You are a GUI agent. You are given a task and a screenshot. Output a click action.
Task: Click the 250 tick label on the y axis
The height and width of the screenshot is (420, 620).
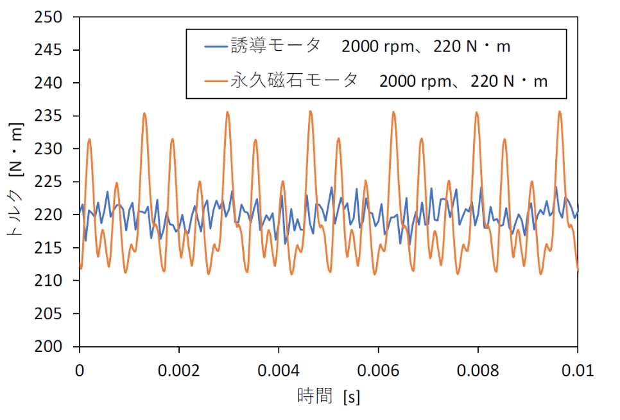click(48, 17)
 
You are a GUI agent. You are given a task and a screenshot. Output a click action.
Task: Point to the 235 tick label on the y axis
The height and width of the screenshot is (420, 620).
click(48, 116)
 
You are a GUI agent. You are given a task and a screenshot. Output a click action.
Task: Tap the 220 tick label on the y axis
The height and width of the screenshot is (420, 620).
click(48, 214)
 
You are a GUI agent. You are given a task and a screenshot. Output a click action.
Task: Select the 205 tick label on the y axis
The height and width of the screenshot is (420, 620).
click(48, 313)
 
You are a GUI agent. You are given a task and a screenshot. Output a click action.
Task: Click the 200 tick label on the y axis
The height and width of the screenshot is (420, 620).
click(48, 346)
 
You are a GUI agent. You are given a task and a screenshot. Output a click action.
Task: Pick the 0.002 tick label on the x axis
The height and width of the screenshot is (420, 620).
click(178, 371)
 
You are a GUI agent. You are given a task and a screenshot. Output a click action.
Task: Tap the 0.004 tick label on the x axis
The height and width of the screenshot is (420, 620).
click(279, 371)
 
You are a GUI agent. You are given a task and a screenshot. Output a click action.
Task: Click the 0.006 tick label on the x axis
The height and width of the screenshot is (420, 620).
click(378, 371)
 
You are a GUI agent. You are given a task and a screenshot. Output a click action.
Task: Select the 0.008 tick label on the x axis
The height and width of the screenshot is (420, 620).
click(478, 371)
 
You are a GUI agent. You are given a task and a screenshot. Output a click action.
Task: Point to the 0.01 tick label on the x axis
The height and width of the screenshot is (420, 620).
click(578, 371)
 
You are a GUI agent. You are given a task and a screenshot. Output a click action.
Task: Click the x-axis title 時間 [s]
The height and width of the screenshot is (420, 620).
click(329, 396)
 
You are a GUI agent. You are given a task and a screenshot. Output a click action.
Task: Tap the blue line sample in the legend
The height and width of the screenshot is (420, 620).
click(216, 47)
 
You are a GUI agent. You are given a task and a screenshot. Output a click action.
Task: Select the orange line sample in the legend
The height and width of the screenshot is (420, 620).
click(216, 82)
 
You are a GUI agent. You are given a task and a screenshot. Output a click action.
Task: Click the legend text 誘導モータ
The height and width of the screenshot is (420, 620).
click(275, 46)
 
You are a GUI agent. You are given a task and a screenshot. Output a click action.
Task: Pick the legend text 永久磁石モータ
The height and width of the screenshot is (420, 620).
click(294, 81)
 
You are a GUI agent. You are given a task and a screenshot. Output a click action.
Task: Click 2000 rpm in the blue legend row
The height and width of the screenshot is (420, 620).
click(377, 47)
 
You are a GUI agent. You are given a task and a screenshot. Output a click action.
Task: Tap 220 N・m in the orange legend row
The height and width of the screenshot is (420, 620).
click(509, 82)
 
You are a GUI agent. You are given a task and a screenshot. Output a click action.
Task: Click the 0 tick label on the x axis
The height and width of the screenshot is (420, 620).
click(80, 371)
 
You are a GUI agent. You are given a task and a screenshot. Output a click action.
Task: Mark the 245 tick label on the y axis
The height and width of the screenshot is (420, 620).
click(48, 50)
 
